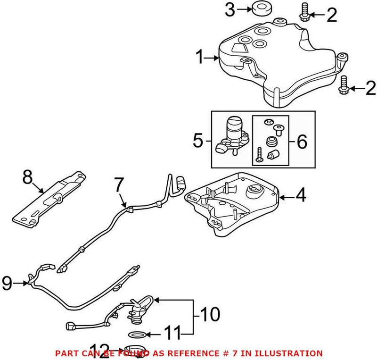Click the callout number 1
(199, 58)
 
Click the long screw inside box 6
(259, 155)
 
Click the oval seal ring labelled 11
(137, 335)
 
